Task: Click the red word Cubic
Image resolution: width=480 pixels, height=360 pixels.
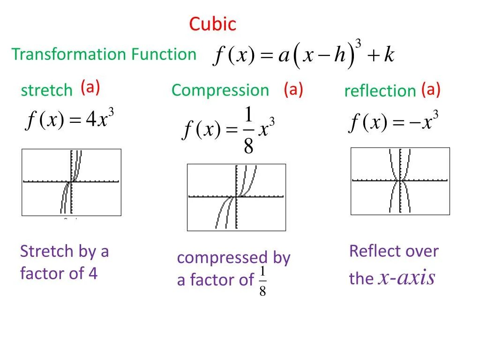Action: click(x=213, y=24)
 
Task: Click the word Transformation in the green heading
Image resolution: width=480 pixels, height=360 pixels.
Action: click(x=69, y=54)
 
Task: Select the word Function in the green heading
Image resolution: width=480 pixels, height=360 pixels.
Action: click(x=164, y=54)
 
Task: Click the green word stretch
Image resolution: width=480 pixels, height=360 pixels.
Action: click(x=46, y=90)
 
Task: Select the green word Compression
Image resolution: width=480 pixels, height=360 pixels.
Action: click(x=220, y=90)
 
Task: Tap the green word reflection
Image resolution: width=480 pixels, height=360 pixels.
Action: click(x=380, y=91)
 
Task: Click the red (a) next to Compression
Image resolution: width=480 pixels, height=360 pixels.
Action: click(x=293, y=90)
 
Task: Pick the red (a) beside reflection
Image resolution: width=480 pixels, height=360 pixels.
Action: click(x=430, y=90)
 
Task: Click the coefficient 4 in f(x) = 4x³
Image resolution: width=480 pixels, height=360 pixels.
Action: click(x=90, y=120)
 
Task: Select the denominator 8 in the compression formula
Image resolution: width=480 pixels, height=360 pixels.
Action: click(x=248, y=147)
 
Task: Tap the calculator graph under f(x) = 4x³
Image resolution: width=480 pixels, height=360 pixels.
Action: click(x=71, y=182)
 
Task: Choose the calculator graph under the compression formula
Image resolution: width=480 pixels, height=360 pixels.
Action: click(x=236, y=197)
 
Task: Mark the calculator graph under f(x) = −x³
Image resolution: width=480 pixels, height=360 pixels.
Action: click(x=400, y=181)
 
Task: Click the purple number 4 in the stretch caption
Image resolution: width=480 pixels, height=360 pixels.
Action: click(x=93, y=273)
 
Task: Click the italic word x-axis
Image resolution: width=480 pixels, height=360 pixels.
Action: click(x=407, y=278)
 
